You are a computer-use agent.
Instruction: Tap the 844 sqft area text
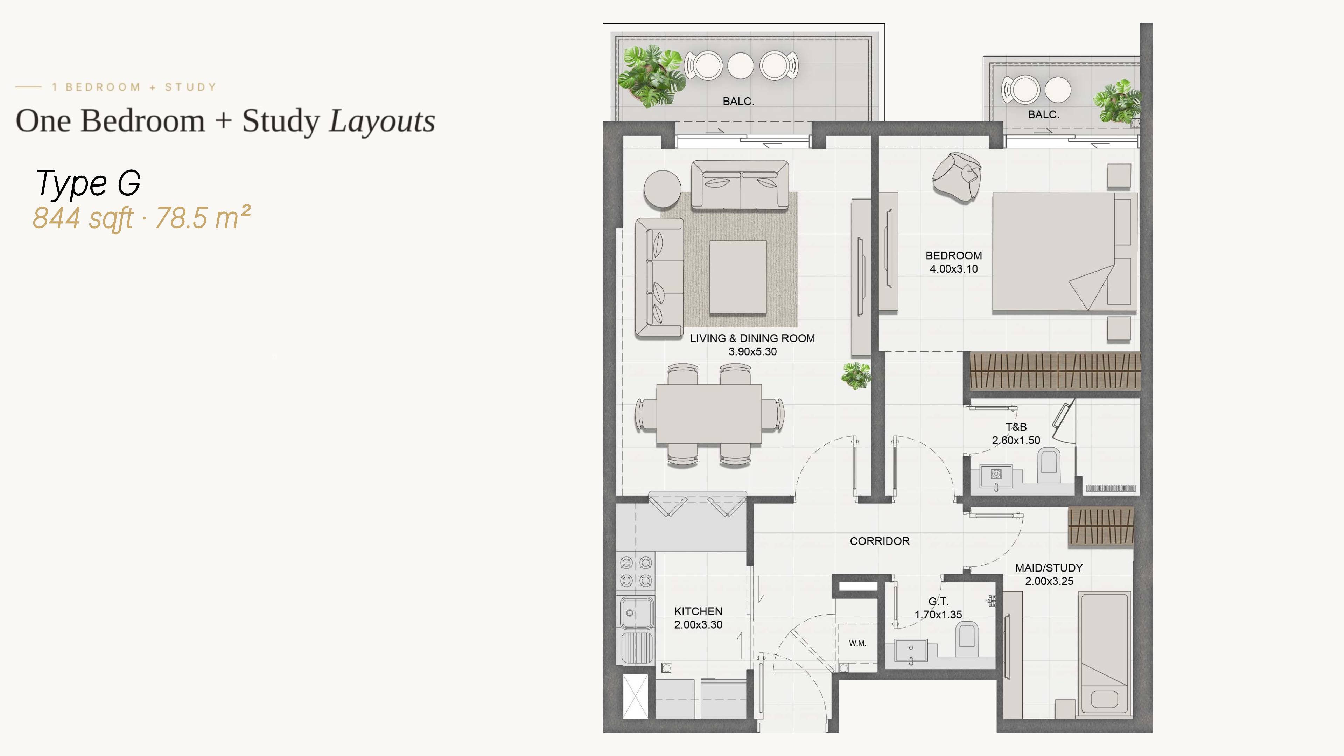tap(83, 218)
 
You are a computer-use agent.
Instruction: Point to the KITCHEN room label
tap(698, 611)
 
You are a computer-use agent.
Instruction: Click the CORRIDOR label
tap(880, 541)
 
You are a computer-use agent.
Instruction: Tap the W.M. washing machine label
tap(857, 643)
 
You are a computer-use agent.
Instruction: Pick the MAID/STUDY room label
tap(1049, 568)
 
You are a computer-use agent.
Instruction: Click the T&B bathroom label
tap(1016, 427)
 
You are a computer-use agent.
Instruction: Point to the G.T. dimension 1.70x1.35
tap(938, 615)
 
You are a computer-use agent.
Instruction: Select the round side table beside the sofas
tap(662, 189)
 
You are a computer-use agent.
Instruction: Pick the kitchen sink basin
tap(636, 612)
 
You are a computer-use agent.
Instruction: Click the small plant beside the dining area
tap(856, 376)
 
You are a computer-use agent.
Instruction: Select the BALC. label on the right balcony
tap(1043, 115)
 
